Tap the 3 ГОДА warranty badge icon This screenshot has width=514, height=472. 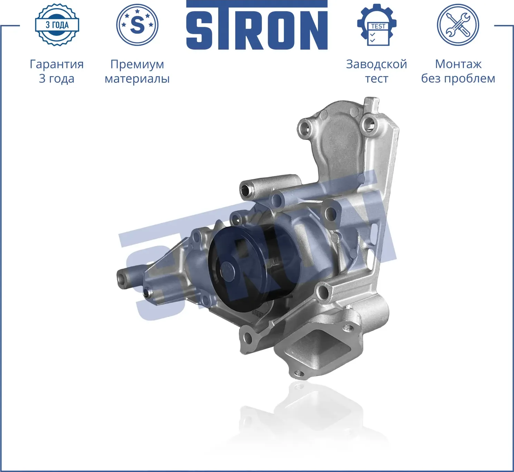coord(57,25)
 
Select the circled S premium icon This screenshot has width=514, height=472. coord(137,25)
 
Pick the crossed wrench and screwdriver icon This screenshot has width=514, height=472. coord(458,25)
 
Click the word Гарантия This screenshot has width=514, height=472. coord(57,64)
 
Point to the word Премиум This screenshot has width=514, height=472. coord(137,64)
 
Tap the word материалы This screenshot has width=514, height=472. coord(137,79)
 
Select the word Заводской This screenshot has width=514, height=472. coord(376,64)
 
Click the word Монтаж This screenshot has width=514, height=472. coord(458,64)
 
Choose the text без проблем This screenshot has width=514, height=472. coord(458,79)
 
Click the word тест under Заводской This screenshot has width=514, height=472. coord(376,79)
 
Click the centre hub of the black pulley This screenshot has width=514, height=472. coord(226,269)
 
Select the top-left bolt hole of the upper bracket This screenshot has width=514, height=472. coord(304,129)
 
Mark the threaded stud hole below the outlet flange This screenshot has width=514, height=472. coord(299,373)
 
